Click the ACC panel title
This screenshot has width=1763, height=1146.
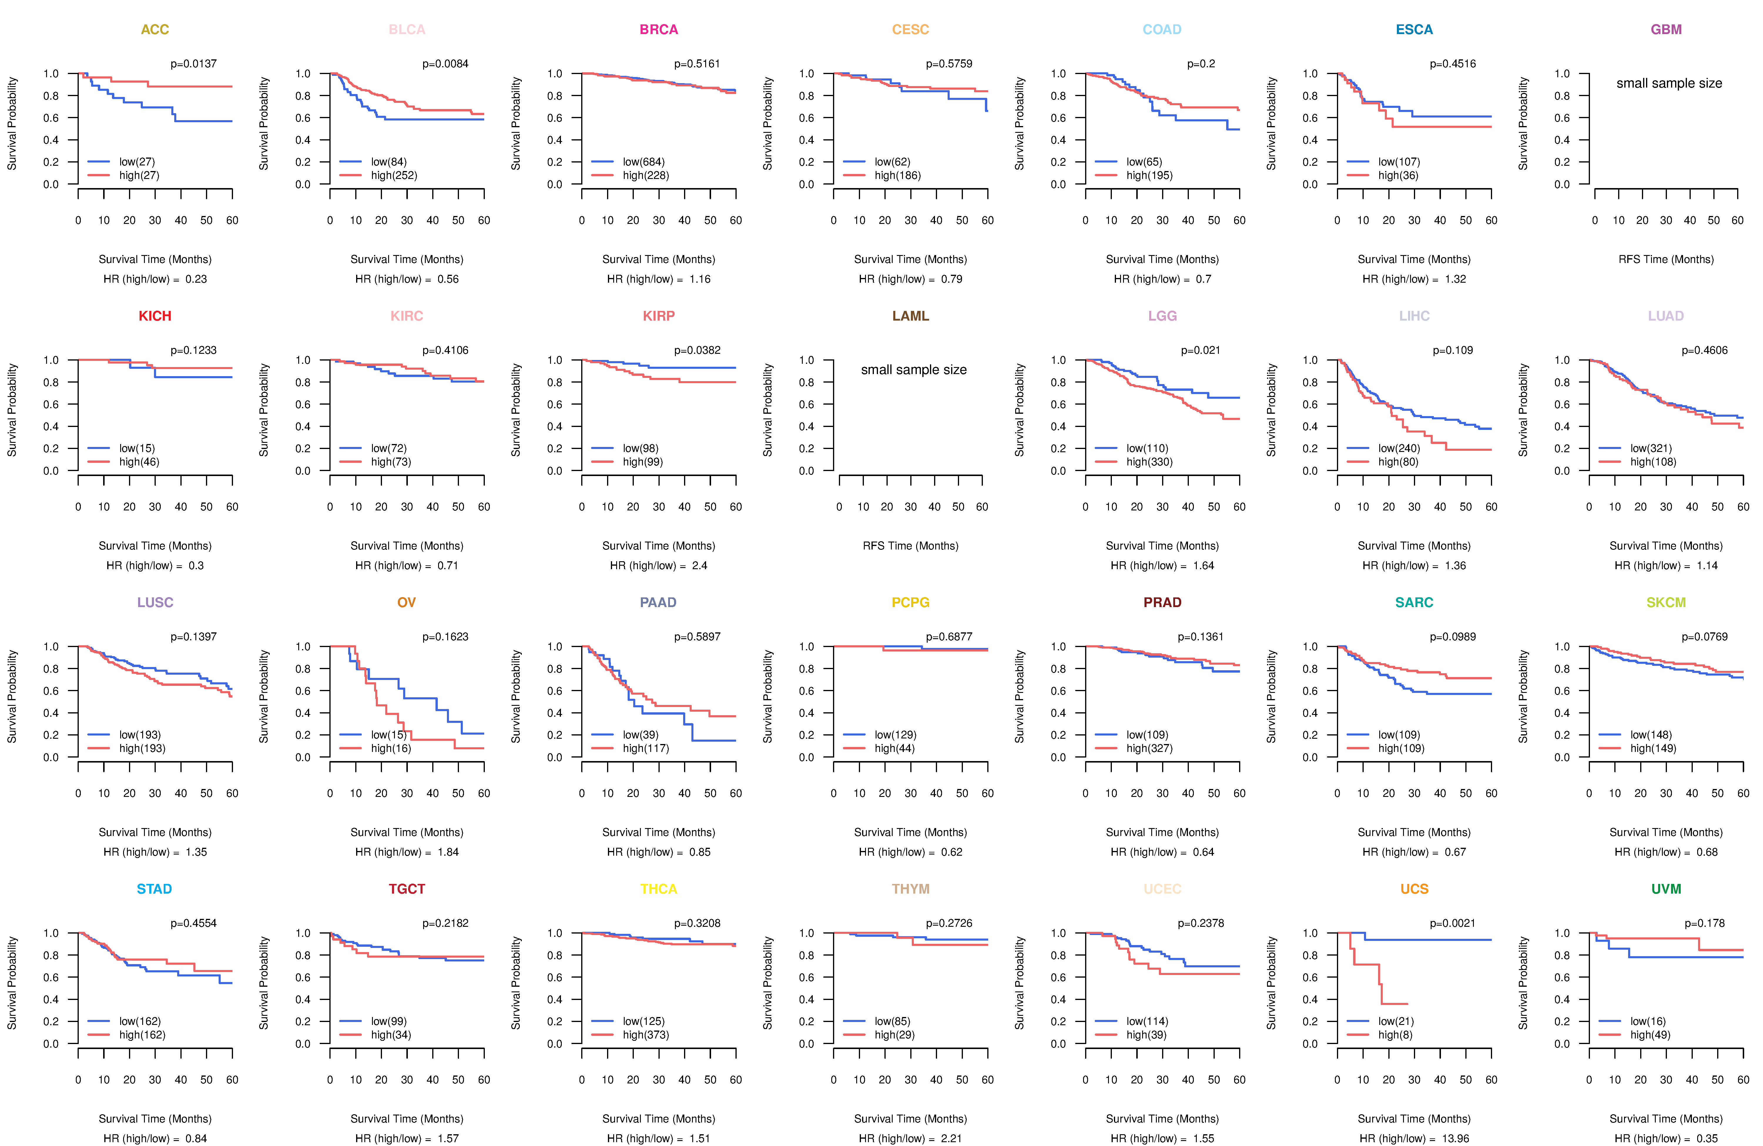155,30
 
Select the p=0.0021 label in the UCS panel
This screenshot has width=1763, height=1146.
1452,923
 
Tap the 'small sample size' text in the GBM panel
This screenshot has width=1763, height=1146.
1669,83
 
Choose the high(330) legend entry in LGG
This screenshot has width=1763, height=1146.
1149,462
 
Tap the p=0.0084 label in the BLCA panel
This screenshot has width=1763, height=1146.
445,64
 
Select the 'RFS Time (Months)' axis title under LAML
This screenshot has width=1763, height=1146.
910,546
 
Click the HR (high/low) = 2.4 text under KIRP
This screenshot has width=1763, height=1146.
658,565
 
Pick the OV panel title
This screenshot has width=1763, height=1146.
407,602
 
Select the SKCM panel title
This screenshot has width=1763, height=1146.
1666,602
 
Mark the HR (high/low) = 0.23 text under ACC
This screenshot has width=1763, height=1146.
155,279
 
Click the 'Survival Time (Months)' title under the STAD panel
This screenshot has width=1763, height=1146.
155,1119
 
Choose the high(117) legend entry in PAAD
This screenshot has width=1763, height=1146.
645,748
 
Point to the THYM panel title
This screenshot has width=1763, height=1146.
910,889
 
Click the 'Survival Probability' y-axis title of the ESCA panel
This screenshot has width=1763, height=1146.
1271,124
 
